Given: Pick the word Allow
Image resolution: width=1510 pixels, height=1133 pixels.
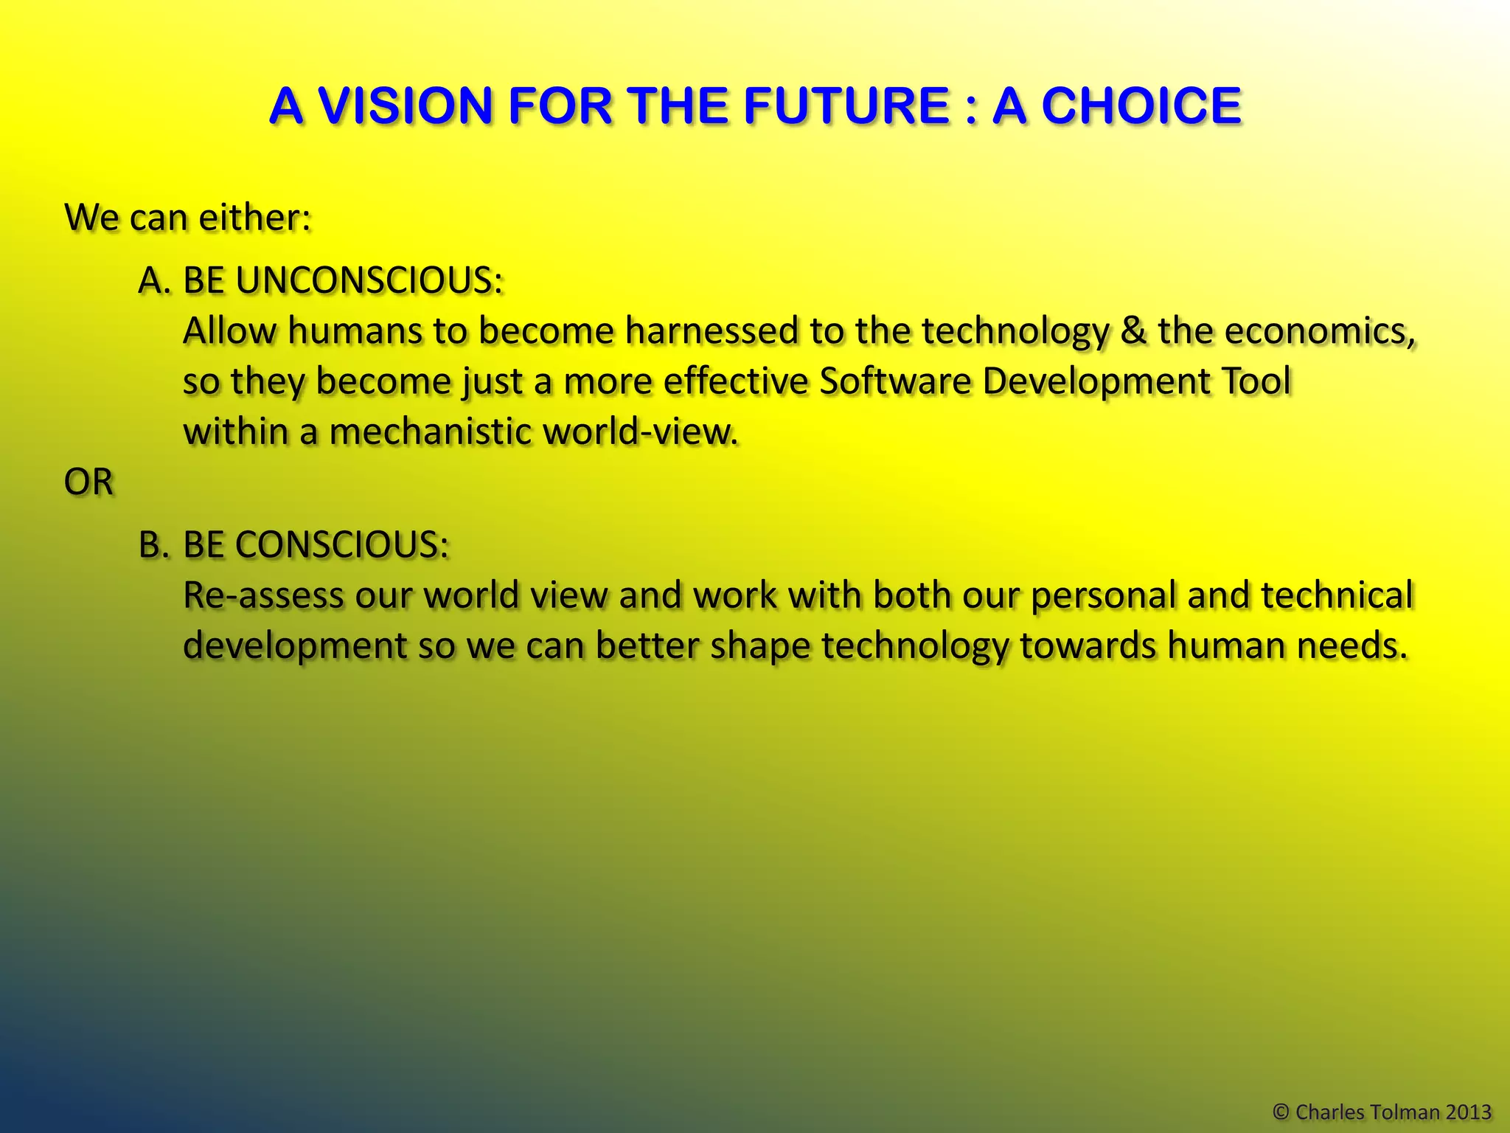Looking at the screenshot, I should click(x=229, y=331).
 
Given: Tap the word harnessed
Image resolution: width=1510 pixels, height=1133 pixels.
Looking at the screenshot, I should click(x=711, y=331).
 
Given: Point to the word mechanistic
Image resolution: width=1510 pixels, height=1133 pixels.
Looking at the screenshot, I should click(x=431, y=432).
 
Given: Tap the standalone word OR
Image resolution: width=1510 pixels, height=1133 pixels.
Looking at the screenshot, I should click(x=88, y=482).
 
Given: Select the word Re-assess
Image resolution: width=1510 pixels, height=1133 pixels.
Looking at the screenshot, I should click(x=263, y=595).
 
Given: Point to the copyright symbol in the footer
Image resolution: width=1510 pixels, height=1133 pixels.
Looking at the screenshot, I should click(x=1281, y=1112).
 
